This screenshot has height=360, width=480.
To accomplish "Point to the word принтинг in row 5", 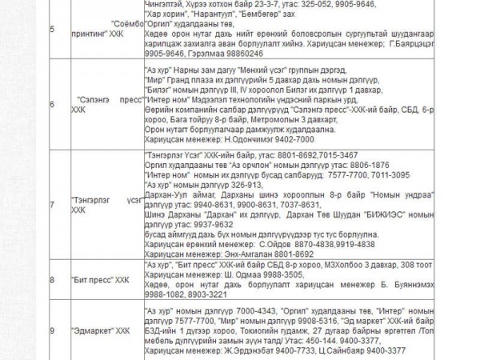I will pos(89,35).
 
